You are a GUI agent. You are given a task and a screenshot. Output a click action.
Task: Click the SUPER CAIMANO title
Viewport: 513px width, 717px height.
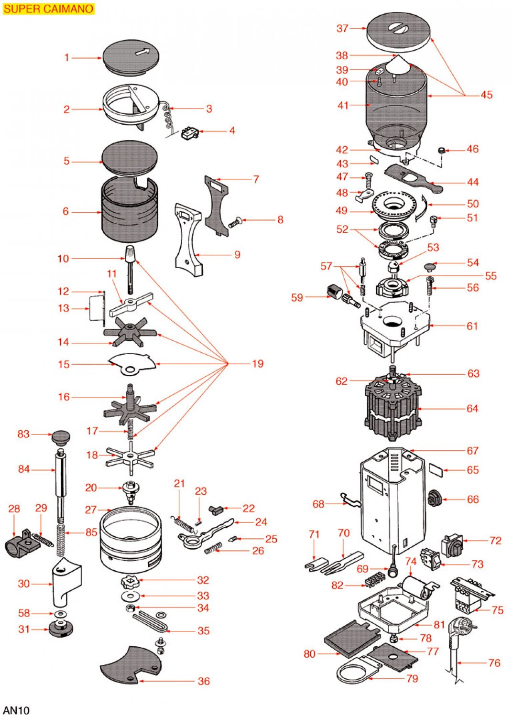pyautogui.click(x=48, y=9)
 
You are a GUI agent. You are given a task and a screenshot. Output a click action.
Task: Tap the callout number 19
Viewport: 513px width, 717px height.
pyautogui.click(x=258, y=364)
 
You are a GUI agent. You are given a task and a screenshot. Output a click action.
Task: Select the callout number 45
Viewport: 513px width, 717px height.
pyautogui.click(x=486, y=95)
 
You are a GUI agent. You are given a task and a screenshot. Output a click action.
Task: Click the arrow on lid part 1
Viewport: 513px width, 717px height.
pyautogui.click(x=142, y=52)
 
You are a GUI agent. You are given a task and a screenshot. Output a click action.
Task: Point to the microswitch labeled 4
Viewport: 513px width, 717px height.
pyautogui.click(x=190, y=132)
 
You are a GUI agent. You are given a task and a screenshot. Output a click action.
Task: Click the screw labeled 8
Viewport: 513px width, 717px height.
pyautogui.click(x=236, y=222)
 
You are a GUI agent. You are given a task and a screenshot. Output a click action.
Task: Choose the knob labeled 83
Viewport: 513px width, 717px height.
pyautogui.click(x=61, y=436)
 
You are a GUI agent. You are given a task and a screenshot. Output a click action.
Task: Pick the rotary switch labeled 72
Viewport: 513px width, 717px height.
pyautogui.click(x=452, y=545)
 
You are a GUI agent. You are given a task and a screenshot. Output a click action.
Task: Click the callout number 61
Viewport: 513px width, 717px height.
pyautogui.click(x=472, y=326)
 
